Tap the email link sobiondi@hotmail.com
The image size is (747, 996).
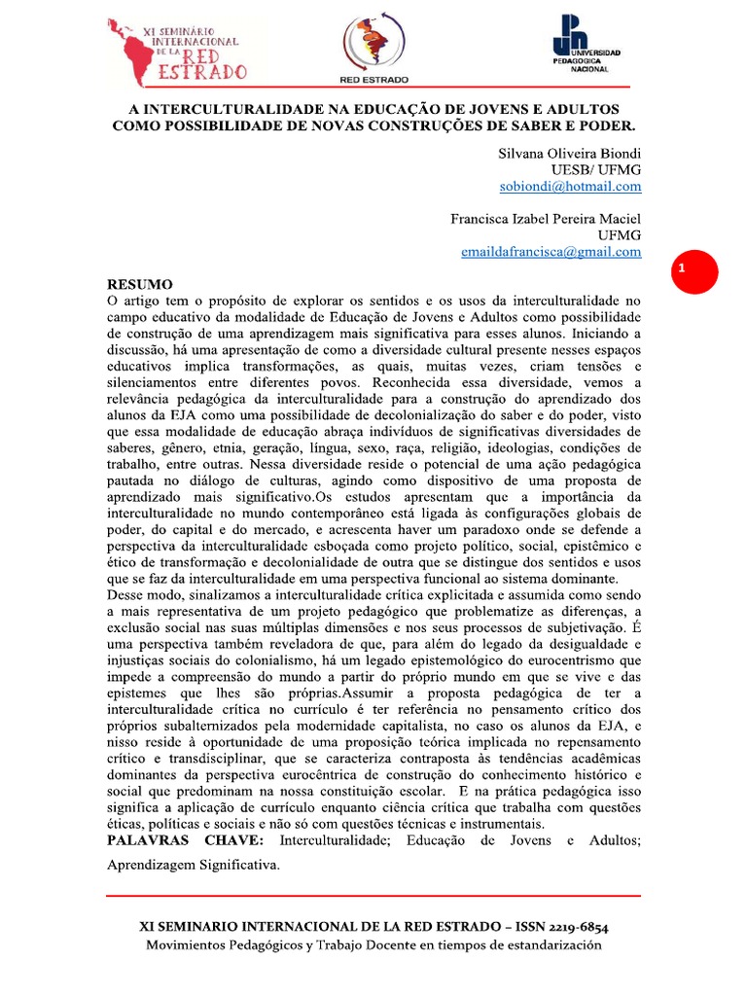pos(570,186)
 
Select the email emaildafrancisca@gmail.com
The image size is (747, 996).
pos(551,251)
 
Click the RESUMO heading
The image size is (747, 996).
pos(139,285)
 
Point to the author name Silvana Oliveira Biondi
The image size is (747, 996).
pos(569,153)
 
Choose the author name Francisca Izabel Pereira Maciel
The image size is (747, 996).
pos(546,218)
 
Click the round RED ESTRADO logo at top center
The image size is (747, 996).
pos(373,43)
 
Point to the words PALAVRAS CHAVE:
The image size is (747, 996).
pos(184,839)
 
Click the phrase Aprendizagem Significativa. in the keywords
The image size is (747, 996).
pos(193,864)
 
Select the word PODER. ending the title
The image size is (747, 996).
pos(603,125)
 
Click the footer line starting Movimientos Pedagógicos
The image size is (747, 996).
pos(373,945)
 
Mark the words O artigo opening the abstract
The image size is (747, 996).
pos(134,302)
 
